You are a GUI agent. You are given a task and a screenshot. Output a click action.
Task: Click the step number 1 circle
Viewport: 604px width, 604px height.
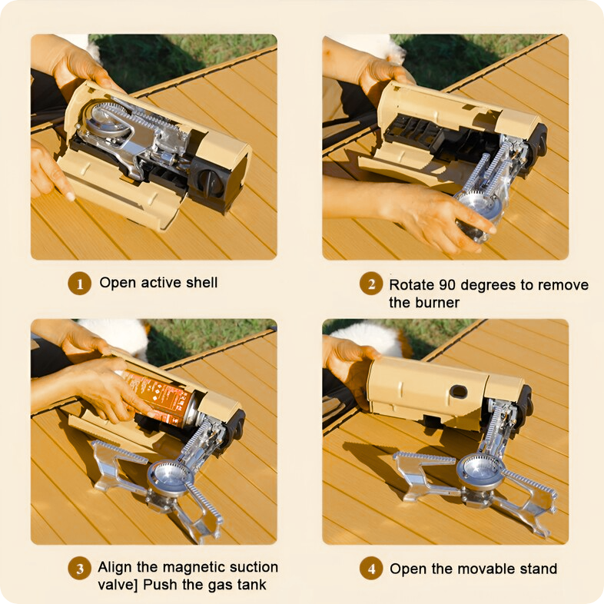80,284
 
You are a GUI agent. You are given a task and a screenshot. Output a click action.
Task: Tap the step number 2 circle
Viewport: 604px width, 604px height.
371,284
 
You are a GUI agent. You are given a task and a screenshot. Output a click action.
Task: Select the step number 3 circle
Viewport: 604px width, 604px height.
80,569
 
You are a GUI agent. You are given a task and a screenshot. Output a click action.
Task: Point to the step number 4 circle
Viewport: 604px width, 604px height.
371,569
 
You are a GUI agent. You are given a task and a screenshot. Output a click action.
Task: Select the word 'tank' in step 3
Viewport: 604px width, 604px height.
251,585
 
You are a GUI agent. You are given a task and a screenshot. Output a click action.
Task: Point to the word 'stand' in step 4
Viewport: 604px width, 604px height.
539,569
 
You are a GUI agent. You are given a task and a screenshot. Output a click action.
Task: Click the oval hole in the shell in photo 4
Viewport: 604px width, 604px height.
459,392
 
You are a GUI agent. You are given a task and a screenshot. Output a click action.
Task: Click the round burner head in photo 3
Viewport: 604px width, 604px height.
170,480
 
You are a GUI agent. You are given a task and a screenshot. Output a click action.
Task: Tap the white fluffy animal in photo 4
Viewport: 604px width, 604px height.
366,338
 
